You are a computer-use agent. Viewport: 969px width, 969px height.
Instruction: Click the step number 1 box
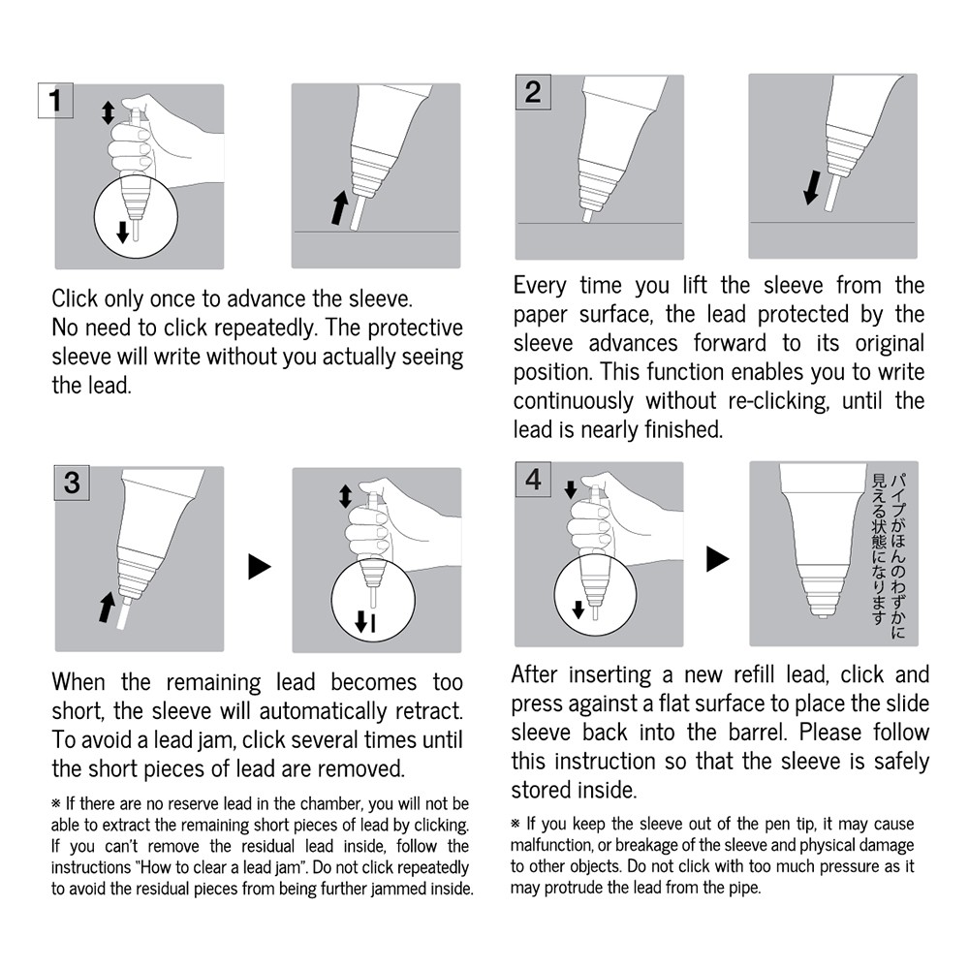(56, 101)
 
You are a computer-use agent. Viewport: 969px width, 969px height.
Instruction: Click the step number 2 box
(532, 92)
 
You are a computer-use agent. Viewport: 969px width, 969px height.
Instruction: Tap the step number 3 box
(72, 482)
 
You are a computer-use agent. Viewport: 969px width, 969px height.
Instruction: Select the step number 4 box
(532, 479)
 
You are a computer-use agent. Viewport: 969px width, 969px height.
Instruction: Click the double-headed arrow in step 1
(108, 112)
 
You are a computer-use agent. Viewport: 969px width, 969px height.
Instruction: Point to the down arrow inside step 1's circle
(122, 231)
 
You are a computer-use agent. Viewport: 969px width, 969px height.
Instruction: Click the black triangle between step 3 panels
(259, 567)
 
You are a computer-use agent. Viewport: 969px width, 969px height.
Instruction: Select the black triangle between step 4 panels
(717, 558)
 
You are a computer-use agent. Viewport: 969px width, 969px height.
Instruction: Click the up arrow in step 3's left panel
(104, 608)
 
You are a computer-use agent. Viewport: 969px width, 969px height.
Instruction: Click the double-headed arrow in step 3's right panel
(345, 497)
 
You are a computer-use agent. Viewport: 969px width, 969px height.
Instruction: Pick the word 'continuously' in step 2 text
(573, 401)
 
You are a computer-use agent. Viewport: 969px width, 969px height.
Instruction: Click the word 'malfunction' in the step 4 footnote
(549, 845)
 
